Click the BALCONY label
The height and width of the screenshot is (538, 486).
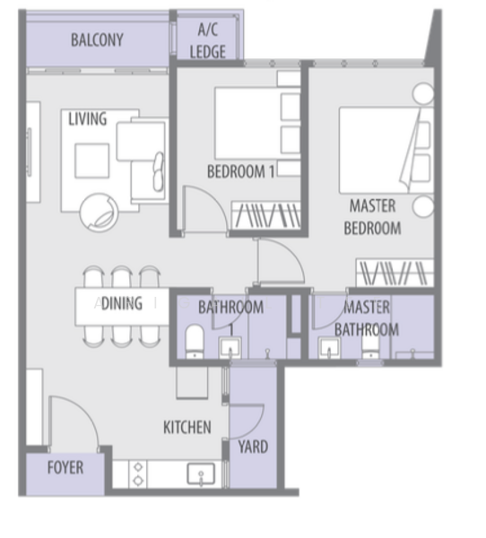pos(97,39)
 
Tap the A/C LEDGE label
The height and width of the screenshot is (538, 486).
pos(208,41)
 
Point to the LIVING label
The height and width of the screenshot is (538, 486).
pos(88,119)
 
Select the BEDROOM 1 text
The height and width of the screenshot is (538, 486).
pos(241,171)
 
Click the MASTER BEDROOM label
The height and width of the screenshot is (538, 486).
pos(373,217)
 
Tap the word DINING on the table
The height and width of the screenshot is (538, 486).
pos(122,303)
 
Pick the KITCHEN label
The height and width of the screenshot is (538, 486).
pos(187,428)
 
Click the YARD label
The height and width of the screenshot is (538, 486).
pos(253,447)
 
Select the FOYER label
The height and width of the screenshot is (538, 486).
pos(65,467)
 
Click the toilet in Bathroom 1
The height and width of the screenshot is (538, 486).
pos(195,342)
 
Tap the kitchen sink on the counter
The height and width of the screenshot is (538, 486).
pos(201,474)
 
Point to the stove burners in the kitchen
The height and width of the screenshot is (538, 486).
pos(138,473)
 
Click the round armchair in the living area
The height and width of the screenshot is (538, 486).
pos(100,213)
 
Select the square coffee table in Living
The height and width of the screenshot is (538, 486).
pos(92,161)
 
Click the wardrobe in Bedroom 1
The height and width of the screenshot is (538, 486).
pos(266,215)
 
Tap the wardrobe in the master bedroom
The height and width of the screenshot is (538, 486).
pos(395,273)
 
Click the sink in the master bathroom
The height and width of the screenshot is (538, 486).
pos(329,348)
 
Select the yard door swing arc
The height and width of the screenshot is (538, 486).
pos(258,427)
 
